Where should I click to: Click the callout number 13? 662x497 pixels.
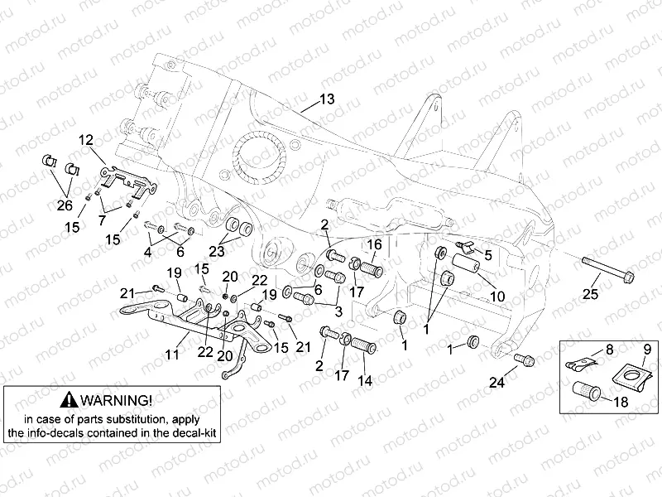point(328,99)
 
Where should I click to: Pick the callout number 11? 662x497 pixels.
point(172,355)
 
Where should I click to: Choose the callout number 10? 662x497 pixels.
point(497,296)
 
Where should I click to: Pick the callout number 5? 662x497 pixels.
point(487,255)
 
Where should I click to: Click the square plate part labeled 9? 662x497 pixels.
point(635,377)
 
